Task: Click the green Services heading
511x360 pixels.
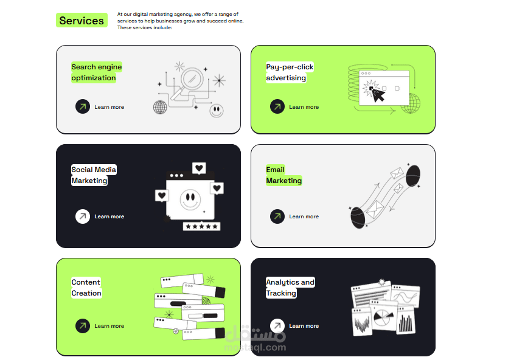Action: pyautogui.click(x=82, y=20)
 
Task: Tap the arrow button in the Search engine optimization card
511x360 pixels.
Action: pyautogui.click(x=83, y=106)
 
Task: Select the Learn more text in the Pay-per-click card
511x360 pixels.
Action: pyautogui.click(x=304, y=107)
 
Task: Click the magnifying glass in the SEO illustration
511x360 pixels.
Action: pyautogui.click(x=188, y=83)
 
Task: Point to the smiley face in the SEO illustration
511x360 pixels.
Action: pyautogui.click(x=217, y=111)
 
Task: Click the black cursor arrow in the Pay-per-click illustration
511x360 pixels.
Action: pyautogui.click(x=378, y=95)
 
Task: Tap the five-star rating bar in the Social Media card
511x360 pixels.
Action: pyautogui.click(x=201, y=226)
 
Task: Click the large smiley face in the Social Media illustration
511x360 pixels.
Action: pyautogui.click(x=190, y=199)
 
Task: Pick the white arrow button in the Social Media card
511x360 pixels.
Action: pyautogui.click(x=83, y=216)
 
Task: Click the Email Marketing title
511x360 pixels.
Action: pyautogui.click(x=284, y=175)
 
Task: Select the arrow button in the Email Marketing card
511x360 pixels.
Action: pyautogui.click(x=277, y=216)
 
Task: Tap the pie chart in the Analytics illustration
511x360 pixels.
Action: pyautogui.click(x=383, y=317)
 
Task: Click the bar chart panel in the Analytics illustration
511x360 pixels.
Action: pyautogui.click(x=406, y=320)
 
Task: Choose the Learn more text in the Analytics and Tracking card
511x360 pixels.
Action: pyautogui.click(x=304, y=326)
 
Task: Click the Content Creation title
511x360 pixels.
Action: pyautogui.click(x=86, y=288)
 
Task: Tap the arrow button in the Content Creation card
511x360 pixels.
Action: pyautogui.click(x=83, y=326)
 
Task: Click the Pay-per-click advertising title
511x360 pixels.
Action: pyautogui.click(x=290, y=72)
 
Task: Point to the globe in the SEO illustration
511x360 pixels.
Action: pyautogui.click(x=160, y=107)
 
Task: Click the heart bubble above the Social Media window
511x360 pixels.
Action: pyautogui.click(x=199, y=168)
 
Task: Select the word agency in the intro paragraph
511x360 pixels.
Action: pyautogui.click(x=182, y=15)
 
